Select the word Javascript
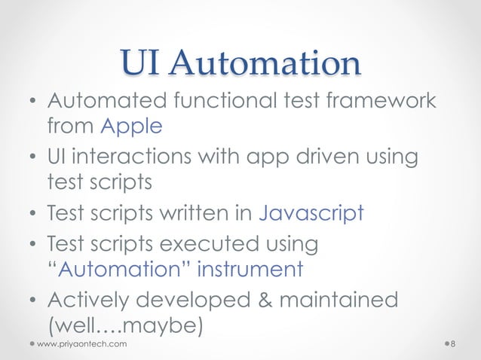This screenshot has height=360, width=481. [311, 213]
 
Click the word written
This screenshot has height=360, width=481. [201, 213]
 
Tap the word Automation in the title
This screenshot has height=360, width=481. [265, 64]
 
